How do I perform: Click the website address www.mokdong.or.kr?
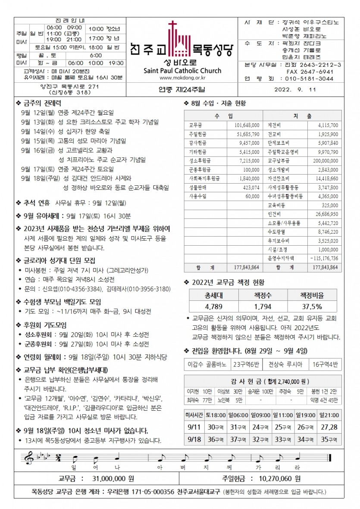pos(182,78)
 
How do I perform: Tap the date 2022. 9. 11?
pos(295,90)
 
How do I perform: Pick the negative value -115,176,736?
pos(323,258)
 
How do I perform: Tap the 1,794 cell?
pos(262,306)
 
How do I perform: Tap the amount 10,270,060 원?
pos(280,478)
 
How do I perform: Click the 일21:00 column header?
pos(329,415)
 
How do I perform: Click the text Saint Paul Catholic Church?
pos(182,71)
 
